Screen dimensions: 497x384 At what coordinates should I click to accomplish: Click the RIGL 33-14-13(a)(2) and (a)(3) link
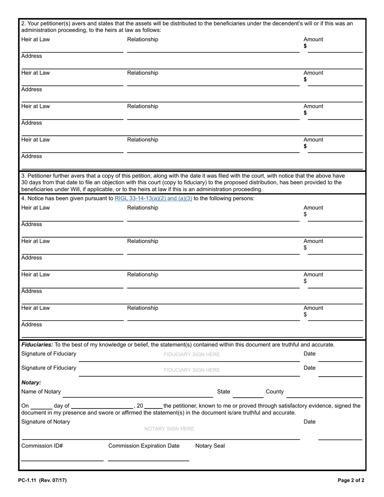pos(153,198)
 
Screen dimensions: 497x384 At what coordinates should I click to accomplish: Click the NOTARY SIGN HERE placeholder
pos(169,429)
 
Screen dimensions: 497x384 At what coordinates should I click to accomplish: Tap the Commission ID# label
pos(42,446)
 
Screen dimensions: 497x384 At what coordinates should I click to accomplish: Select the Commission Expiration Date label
pos(143,446)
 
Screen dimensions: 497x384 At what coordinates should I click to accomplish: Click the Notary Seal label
pos(210,446)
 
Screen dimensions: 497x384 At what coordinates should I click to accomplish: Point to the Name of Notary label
pos(41,392)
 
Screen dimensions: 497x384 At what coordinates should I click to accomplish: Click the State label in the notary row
pos(224,392)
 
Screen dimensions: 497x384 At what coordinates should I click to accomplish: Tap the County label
pos(274,392)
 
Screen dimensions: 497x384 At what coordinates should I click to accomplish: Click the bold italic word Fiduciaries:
pos(37,345)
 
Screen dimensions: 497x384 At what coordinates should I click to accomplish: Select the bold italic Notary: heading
pos(31,382)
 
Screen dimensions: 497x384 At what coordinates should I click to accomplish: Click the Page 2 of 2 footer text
pos(351,480)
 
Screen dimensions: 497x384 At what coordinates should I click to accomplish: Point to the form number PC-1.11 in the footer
pos(27,480)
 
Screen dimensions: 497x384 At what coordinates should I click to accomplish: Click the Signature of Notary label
pos(45,422)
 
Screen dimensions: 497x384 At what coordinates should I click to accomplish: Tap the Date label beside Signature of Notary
pos(309,422)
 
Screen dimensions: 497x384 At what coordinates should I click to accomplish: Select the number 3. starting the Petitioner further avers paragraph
pos(23,176)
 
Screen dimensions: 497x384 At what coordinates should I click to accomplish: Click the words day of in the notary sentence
pos(61,406)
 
